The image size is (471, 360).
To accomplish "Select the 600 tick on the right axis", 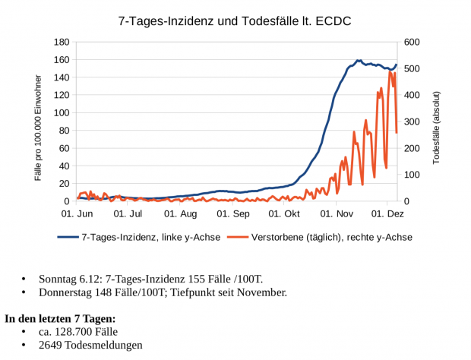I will pyautogui.click(x=414, y=42).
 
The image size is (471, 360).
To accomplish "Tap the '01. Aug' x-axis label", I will pyautogui.click(x=182, y=215).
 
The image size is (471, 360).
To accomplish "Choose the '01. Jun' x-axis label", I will pyautogui.click(x=77, y=215).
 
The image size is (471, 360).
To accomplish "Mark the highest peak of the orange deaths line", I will pyautogui.click(x=390, y=71).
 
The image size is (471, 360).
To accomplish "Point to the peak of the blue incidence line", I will pyautogui.click(x=358, y=60).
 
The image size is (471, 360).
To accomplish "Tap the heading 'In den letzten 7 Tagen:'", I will pyautogui.click(x=60, y=318).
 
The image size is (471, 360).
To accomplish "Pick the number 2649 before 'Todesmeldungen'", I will pyautogui.click(x=52, y=346).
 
